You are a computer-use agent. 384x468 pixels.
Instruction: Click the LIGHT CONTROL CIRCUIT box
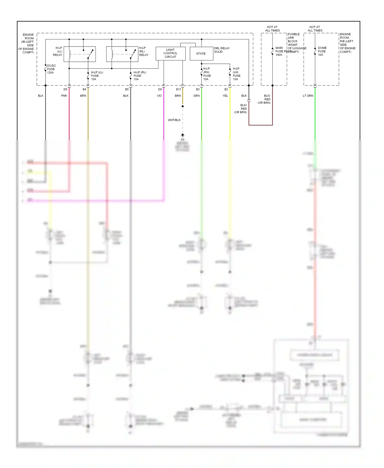pyautogui.click(x=170, y=54)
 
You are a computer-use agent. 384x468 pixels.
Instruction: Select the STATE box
pyautogui.click(x=201, y=54)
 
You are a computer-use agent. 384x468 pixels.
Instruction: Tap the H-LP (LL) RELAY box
pyautogui.click(x=80, y=54)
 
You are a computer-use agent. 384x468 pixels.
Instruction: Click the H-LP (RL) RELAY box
pyautogui.click(x=122, y=54)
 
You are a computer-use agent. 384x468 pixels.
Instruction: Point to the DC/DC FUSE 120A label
pyautogui.click(x=51, y=69)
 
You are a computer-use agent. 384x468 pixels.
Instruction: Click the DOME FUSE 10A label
pyautogui.click(x=322, y=51)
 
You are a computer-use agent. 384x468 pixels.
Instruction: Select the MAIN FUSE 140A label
pyautogui.click(x=279, y=51)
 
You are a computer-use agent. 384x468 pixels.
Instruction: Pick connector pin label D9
pyautogui.click(x=65, y=89)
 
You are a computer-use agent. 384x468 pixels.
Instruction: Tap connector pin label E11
pyautogui.click(x=178, y=89)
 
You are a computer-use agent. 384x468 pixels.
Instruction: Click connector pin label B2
pyautogui.click(x=226, y=89)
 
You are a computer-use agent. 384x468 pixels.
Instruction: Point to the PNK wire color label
pyautogui.click(x=64, y=96)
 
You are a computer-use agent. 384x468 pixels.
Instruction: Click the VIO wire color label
pyautogui.click(x=159, y=96)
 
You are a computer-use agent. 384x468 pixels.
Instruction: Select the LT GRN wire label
pyautogui.click(x=308, y=96)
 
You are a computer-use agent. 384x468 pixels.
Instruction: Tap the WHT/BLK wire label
pyautogui.click(x=174, y=120)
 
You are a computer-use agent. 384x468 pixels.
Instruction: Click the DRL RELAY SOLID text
pyautogui.click(x=222, y=50)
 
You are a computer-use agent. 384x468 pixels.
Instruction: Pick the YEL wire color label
pyautogui.click(x=225, y=96)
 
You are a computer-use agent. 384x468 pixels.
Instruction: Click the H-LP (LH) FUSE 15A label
pyautogui.click(x=236, y=74)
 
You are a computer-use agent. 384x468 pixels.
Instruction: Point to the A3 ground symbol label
pyautogui.click(x=183, y=139)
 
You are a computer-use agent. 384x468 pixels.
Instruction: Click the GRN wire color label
pyautogui.click(x=196, y=96)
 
